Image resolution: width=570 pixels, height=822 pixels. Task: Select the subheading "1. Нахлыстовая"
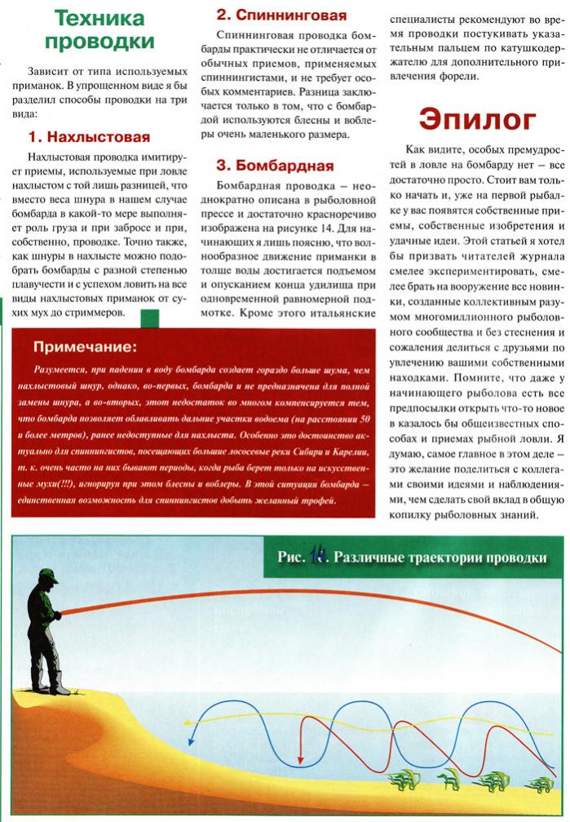(89, 136)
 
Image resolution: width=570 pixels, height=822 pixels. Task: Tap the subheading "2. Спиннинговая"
(281, 15)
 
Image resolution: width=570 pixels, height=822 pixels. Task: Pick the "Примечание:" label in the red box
(85, 348)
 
